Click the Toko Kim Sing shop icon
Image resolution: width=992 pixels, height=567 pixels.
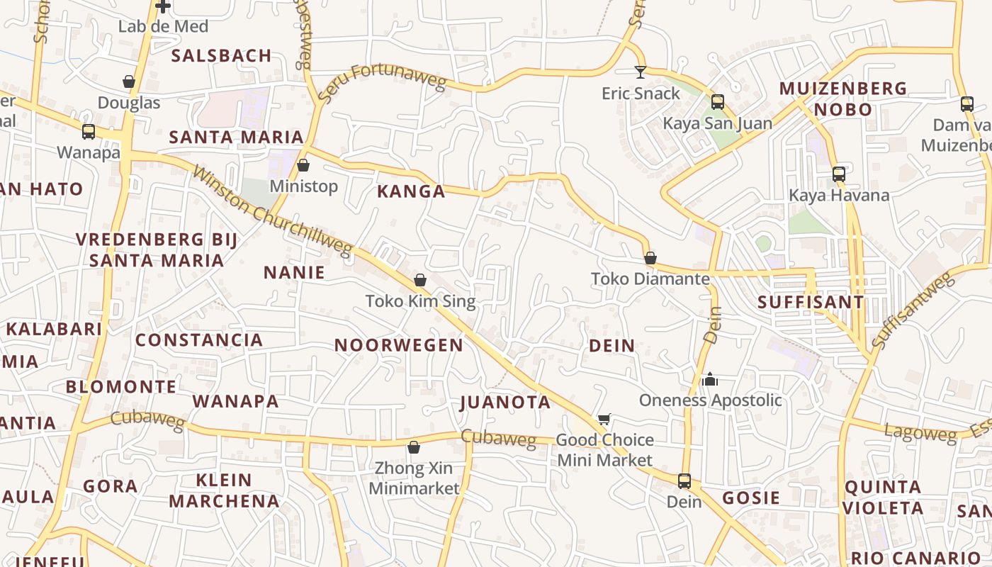point(420,280)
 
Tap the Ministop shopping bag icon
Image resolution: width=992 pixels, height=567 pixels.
point(303,166)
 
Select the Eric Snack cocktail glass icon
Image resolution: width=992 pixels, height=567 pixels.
point(641,72)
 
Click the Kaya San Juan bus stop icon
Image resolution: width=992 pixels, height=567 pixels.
point(718,102)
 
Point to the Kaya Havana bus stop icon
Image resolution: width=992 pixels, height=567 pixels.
point(839,174)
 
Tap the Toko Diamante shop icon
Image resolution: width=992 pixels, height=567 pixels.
point(650,258)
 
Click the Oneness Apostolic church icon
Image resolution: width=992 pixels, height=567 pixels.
point(710,379)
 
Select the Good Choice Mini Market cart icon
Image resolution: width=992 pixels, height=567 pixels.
point(604,420)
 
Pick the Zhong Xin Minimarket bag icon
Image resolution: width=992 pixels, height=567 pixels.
point(414,447)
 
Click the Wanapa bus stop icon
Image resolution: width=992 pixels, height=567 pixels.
point(89,132)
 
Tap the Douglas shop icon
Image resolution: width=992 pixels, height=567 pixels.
point(129,82)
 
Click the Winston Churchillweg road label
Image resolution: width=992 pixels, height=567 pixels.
point(272,212)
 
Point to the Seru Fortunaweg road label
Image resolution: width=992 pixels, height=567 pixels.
point(382,82)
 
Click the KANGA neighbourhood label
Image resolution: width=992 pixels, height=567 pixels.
point(411,191)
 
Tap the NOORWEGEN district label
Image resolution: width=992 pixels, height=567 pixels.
point(399,345)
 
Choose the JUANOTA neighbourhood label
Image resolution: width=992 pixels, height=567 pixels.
point(505,403)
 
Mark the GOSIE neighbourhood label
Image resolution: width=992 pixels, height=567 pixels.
point(751,498)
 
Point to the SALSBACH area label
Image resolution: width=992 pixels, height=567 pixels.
point(222,55)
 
